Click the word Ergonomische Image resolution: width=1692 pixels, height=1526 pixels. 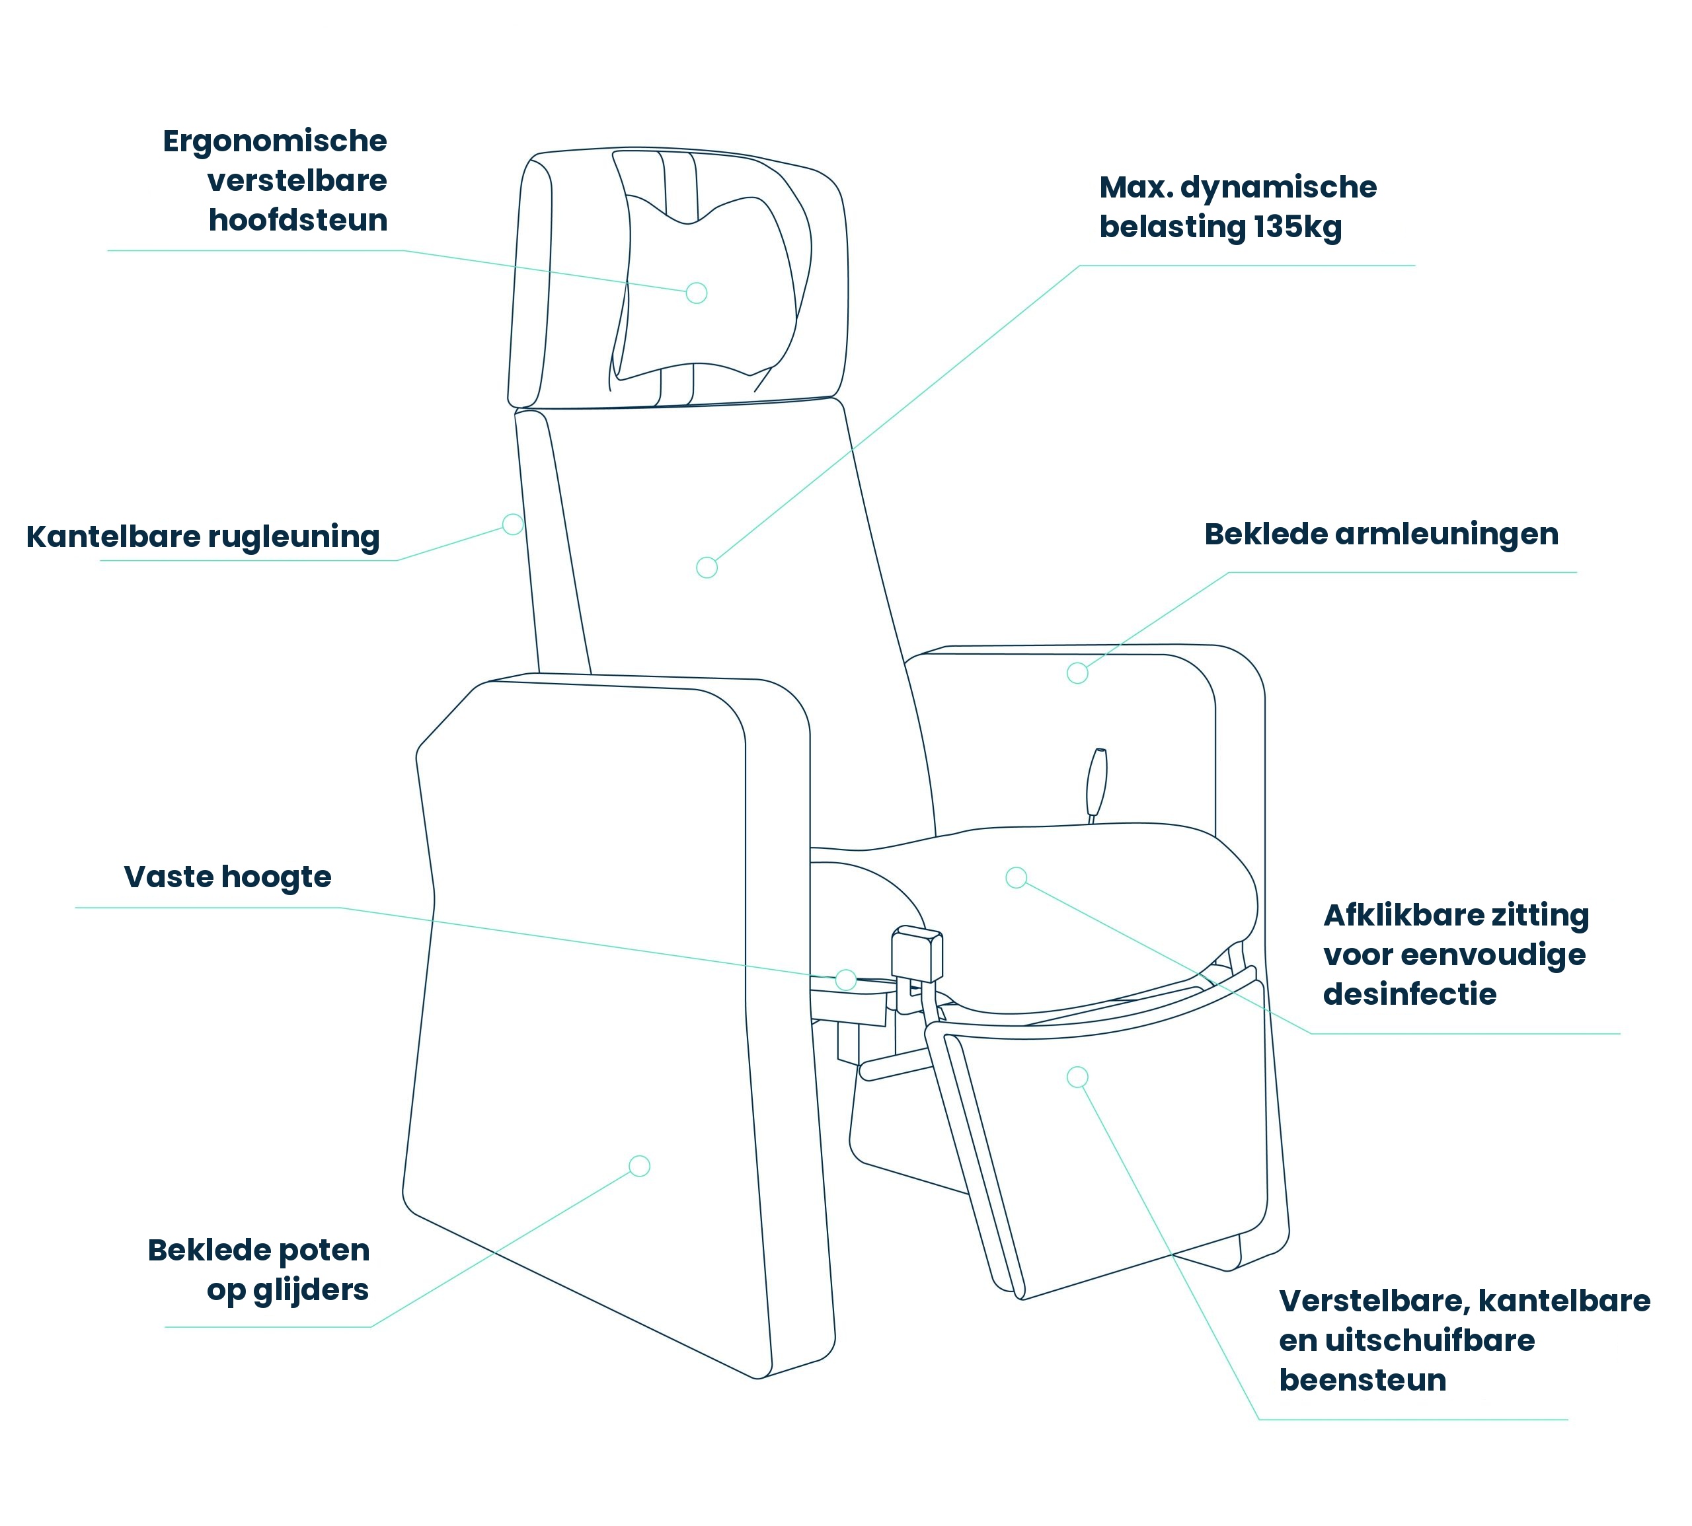[274, 141]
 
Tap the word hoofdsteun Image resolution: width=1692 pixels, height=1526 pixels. [298, 220]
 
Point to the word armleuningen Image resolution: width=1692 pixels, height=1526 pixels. [1446, 534]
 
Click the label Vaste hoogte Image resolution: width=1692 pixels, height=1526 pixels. [227, 877]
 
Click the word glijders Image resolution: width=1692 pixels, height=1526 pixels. [311, 1290]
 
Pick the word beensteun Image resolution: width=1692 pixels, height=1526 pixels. [1362, 1380]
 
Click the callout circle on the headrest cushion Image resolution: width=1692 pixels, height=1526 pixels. [696, 293]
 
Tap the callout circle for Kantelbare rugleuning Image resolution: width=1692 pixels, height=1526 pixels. [512, 524]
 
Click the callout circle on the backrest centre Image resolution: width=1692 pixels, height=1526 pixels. [707, 567]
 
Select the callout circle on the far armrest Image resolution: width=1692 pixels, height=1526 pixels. [1077, 672]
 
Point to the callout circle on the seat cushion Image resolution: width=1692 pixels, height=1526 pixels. [1016, 878]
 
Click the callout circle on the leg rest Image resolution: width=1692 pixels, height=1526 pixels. [1077, 1077]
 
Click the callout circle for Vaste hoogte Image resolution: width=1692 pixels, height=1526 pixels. [845, 979]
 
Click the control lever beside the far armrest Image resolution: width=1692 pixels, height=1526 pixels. [1096, 782]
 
